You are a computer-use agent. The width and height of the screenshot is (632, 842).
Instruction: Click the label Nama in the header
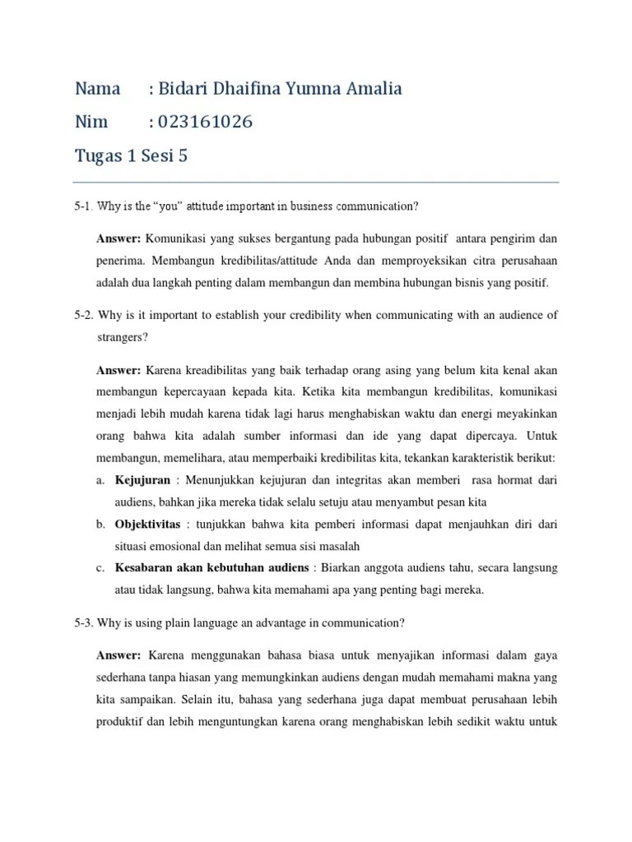point(97,89)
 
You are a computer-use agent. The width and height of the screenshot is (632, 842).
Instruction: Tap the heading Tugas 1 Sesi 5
point(132,156)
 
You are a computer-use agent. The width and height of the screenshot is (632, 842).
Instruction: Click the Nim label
point(91,123)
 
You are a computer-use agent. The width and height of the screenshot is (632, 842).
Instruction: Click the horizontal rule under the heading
point(316,183)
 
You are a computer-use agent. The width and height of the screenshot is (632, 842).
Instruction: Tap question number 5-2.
point(86,315)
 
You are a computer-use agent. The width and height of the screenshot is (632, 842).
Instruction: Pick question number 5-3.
point(86,622)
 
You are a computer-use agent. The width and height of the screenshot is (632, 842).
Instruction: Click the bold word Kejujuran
point(143,479)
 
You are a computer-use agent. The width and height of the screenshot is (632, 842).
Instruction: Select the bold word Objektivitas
point(149,523)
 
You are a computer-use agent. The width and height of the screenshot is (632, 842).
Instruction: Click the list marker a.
point(100,479)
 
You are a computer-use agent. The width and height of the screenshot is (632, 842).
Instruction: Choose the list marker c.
point(100,567)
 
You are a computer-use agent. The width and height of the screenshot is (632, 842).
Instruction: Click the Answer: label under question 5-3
point(118,655)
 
